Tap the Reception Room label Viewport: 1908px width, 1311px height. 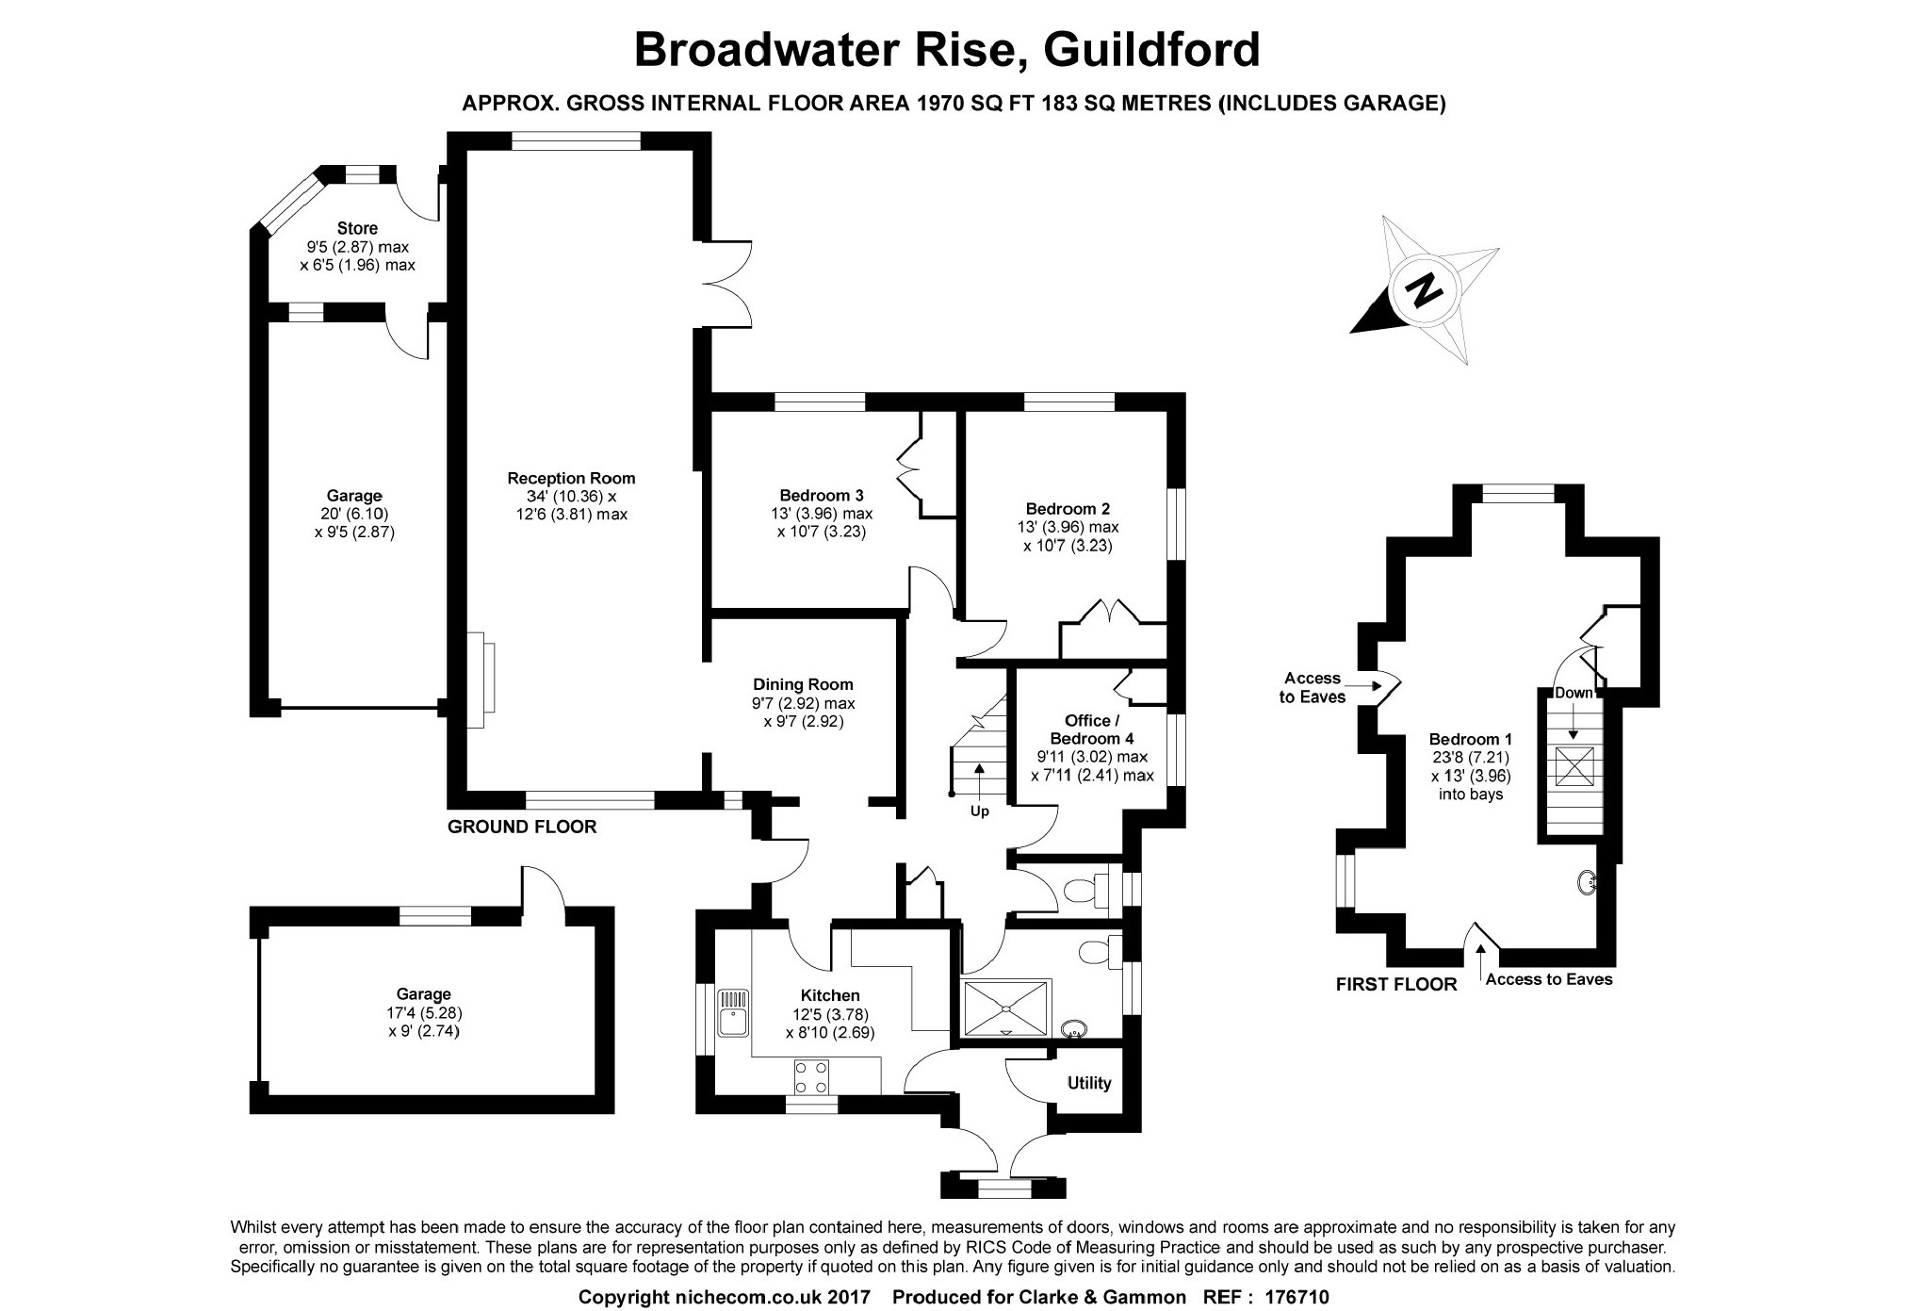pyautogui.click(x=571, y=478)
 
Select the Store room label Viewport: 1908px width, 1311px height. pyautogui.click(x=357, y=228)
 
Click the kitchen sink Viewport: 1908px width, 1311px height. pyautogui.click(x=732, y=1012)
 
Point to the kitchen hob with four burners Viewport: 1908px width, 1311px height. pyautogui.click(x=812, y=1076)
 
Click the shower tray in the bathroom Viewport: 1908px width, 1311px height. pyautogui.click(x=1005, y=1007)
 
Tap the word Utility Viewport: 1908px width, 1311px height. pyautogui.click(x=1088, y=1083)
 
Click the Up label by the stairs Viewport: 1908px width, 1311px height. pyautogui.click(x=980, y=811)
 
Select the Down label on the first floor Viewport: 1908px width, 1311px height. pyautogui.click(x=1573, y=693)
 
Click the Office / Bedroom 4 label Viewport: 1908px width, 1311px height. pyautogui.click(x=1092, y=729)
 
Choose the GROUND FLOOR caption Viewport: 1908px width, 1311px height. pyautogui.click(x=521, y=827)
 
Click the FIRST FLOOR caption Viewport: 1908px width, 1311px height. pyautogui.click(x=1396, y=984)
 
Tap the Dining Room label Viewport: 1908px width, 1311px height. pyautogui.click(x=803, y=684)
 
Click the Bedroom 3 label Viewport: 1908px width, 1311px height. pyautogui.click(x=821, y=495)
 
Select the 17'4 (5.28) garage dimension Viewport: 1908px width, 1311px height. pyautogui.click(x=423, y=1012)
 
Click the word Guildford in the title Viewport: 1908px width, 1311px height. pyautogui.click(x=1151, y=49)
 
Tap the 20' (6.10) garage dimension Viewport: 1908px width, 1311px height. pyautogui.click(x=354, y=514)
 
